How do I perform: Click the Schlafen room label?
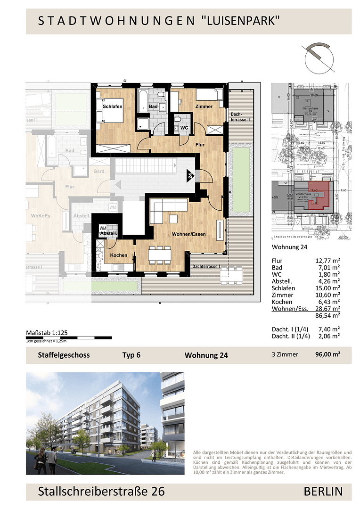click(x=113, y=107)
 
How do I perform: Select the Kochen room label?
click(x=119, y=255)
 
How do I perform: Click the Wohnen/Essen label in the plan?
click(x=188, y=233)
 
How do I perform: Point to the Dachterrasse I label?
click(x=207, y=267)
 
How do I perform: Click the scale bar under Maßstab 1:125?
click(x=69, y=338)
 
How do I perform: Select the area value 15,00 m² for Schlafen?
click(x=328, y=288)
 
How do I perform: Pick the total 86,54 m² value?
click(x=328, y=316)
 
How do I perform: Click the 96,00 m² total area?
click(x=328, y=355)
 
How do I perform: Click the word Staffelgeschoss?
click(x=64, y=355)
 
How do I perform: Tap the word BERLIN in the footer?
click(x=323, y=492)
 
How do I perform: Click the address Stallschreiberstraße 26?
click(x=101, y=492)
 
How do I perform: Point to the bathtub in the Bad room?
click(x=142, y=101)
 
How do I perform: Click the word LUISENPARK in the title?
click(x=241, y=20)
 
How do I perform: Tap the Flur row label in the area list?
click(x=277, y=261)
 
